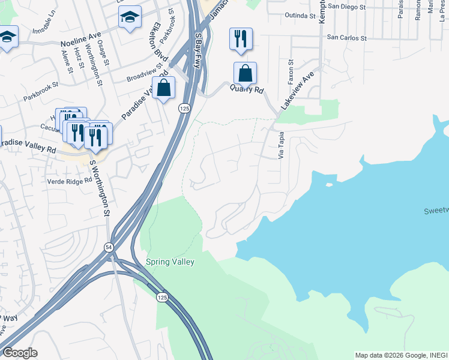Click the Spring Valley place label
tap(170, 262)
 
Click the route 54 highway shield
tap(109, 247)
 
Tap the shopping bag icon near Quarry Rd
tap(245, 74)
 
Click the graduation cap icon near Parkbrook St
tap(130, 17)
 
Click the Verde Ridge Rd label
tap(70, 181)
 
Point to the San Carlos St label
tap(346, 37)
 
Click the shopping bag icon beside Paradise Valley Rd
tap(163, 88)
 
